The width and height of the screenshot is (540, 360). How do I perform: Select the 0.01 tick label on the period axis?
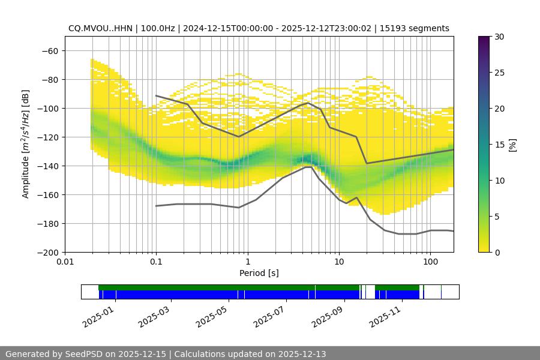click(x=65, y=262)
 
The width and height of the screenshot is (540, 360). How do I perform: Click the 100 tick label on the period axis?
click(x=430, y=262)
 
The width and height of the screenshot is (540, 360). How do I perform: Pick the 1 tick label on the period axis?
click(x=247, y=262)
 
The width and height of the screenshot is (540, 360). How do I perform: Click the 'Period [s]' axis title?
click(x=259, y=273)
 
